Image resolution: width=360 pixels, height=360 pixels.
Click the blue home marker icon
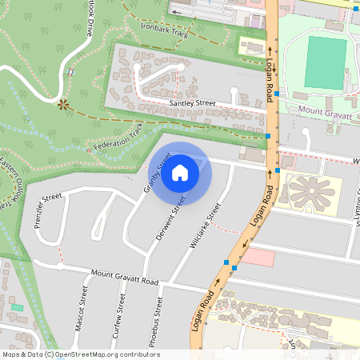[x=180, y=173]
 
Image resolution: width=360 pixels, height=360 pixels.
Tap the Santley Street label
[x=193, y=103]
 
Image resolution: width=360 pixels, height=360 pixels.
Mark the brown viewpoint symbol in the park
[x=62, y=102]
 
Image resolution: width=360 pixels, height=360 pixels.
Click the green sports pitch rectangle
[x=326, y=62]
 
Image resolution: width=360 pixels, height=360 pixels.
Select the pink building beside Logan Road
[x=258, y=258]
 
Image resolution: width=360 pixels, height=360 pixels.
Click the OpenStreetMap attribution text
[x=80, y=354]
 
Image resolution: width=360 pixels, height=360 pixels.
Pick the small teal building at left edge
[x=18, y=307]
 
